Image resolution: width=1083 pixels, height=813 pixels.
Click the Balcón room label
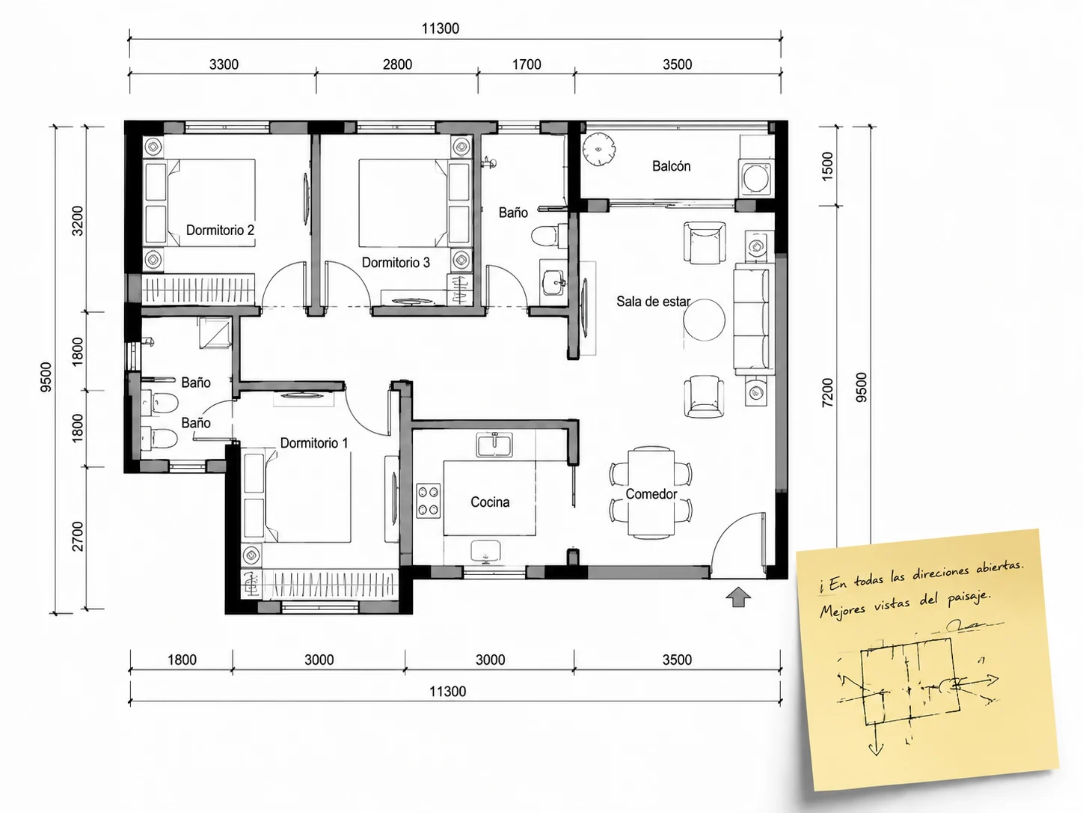(x=671, y=166)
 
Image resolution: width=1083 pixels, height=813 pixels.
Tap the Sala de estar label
(x=653, y=301)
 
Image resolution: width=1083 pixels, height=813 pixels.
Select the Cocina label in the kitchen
(x=490, y=502)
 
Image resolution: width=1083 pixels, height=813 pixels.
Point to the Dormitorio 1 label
(x=314, y=442)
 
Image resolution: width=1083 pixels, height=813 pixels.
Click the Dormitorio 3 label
(x=396, y=262)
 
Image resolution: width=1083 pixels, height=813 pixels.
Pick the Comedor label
(x=651, y=493)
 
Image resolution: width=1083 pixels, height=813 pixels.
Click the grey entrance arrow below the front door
(x=738, y=597)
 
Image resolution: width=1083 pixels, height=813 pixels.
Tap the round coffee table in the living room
(x=704, y=320)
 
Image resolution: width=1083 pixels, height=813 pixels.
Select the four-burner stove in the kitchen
(x=428, y=501)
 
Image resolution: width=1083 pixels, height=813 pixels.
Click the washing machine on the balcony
(x=756, y=177)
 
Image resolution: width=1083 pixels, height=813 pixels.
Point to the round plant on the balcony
(x=598, y=149)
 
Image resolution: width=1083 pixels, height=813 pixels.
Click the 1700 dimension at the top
(x=527, y=64)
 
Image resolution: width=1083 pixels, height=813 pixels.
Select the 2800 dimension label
(x=397, y=64)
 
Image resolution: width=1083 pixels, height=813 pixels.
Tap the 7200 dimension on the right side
(x=827, y=392)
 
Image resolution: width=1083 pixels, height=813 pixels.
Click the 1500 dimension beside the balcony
(x=827, y=166)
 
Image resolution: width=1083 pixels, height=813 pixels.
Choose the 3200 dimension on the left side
(x=78, y=221)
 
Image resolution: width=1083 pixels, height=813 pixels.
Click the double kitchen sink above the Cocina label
(x=494, y=444)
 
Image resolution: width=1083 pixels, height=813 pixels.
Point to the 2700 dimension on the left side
(x=78, y=536)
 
